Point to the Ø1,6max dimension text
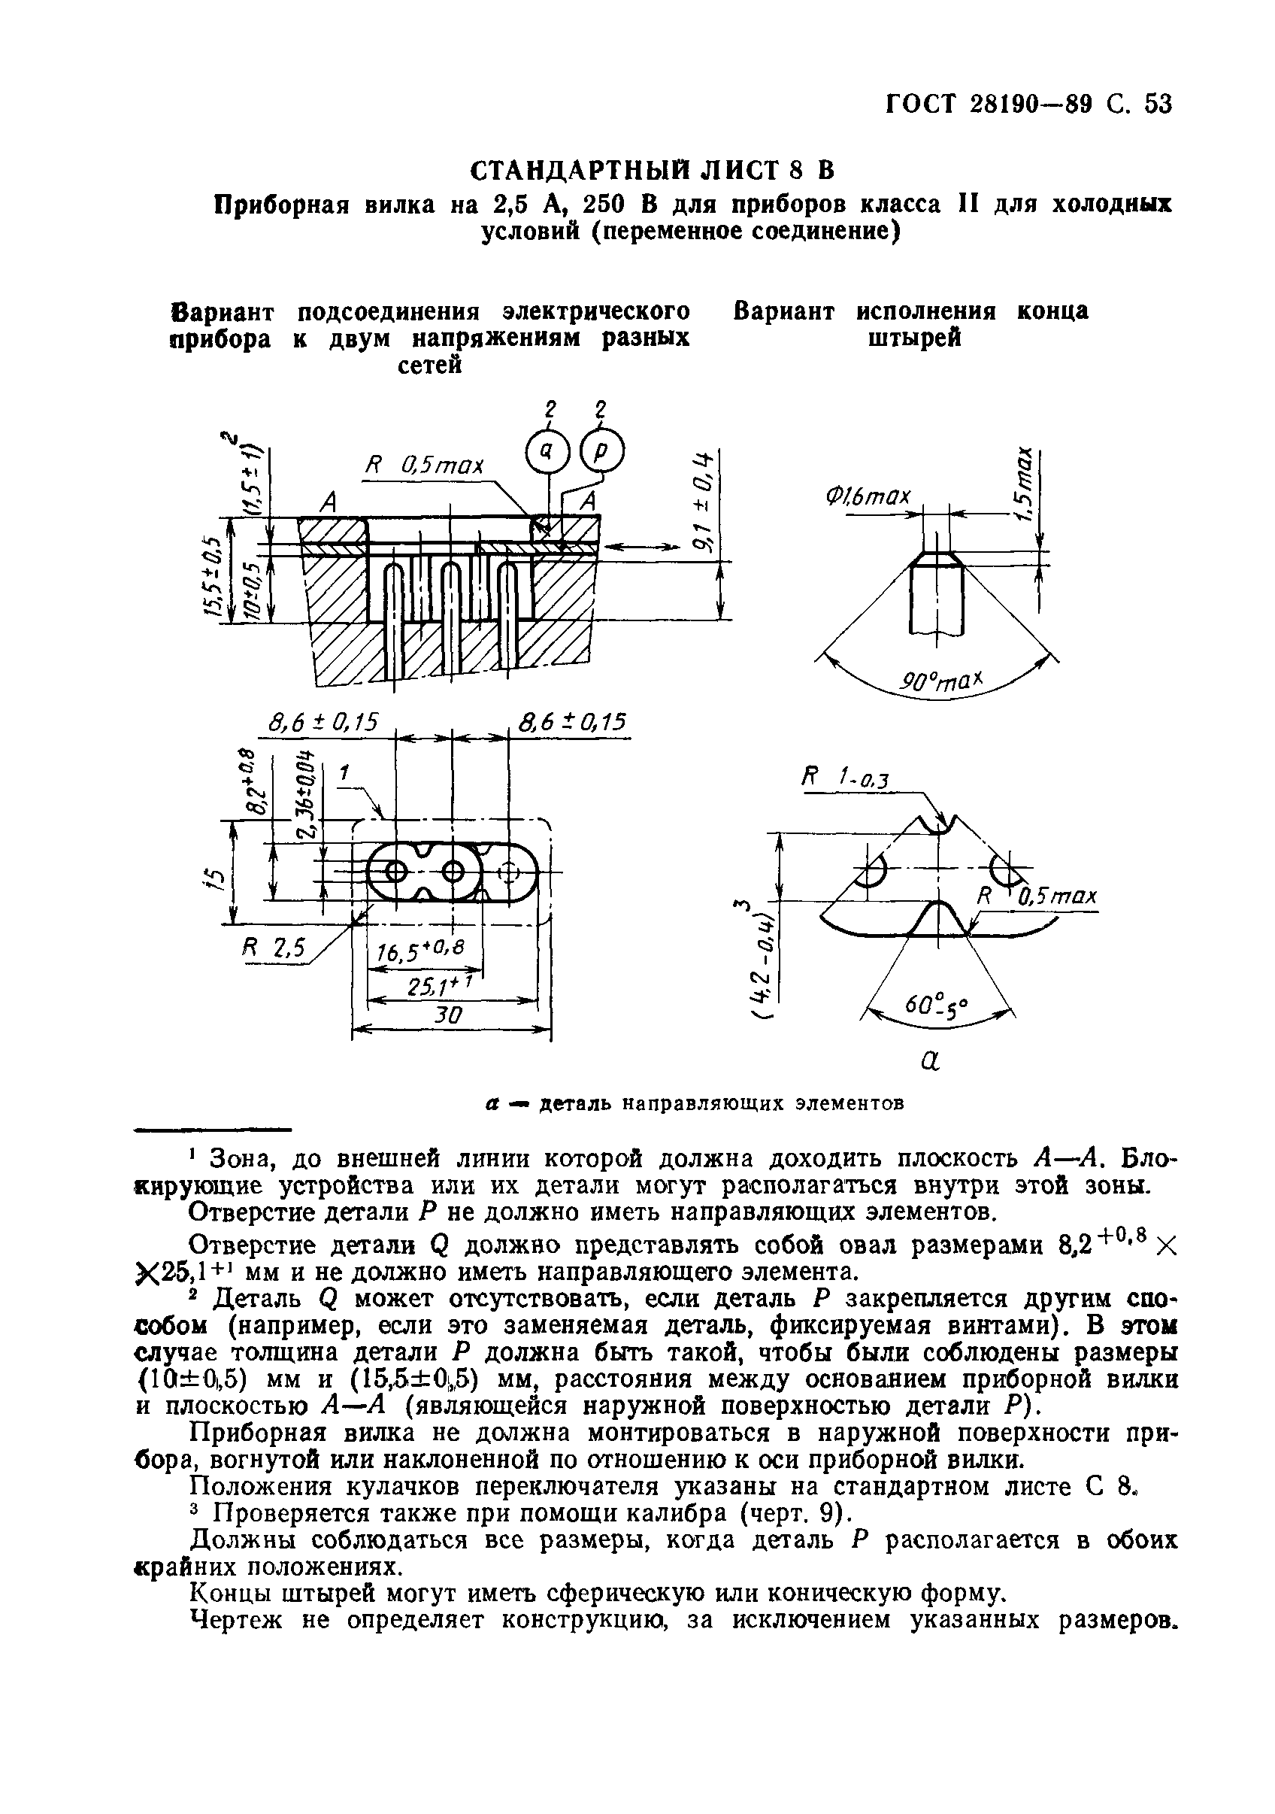tap(868, 497)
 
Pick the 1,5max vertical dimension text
tap(1025, 484)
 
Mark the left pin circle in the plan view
tap(395, 872)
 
